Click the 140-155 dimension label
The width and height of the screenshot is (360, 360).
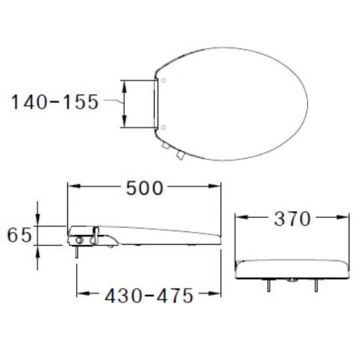pyautogui.click(x=54, y=102)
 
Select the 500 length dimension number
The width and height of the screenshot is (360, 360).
pyautogui.click(x=144, y=188)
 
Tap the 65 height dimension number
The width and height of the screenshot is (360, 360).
pyautogui.click(x=19, y=235)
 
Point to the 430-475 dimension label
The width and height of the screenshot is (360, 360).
pyautogui.click(x=149, y=296)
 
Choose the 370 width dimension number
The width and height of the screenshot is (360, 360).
pyautogui.click(x=292, y=219)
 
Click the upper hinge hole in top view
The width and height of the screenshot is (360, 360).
pyautogui.click(x=163, y=80)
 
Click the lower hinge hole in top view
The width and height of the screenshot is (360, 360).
pyautogui.click(x=163, y=127)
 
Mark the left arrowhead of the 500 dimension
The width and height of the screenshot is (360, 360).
pyautogui.click(x=73, y=186)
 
